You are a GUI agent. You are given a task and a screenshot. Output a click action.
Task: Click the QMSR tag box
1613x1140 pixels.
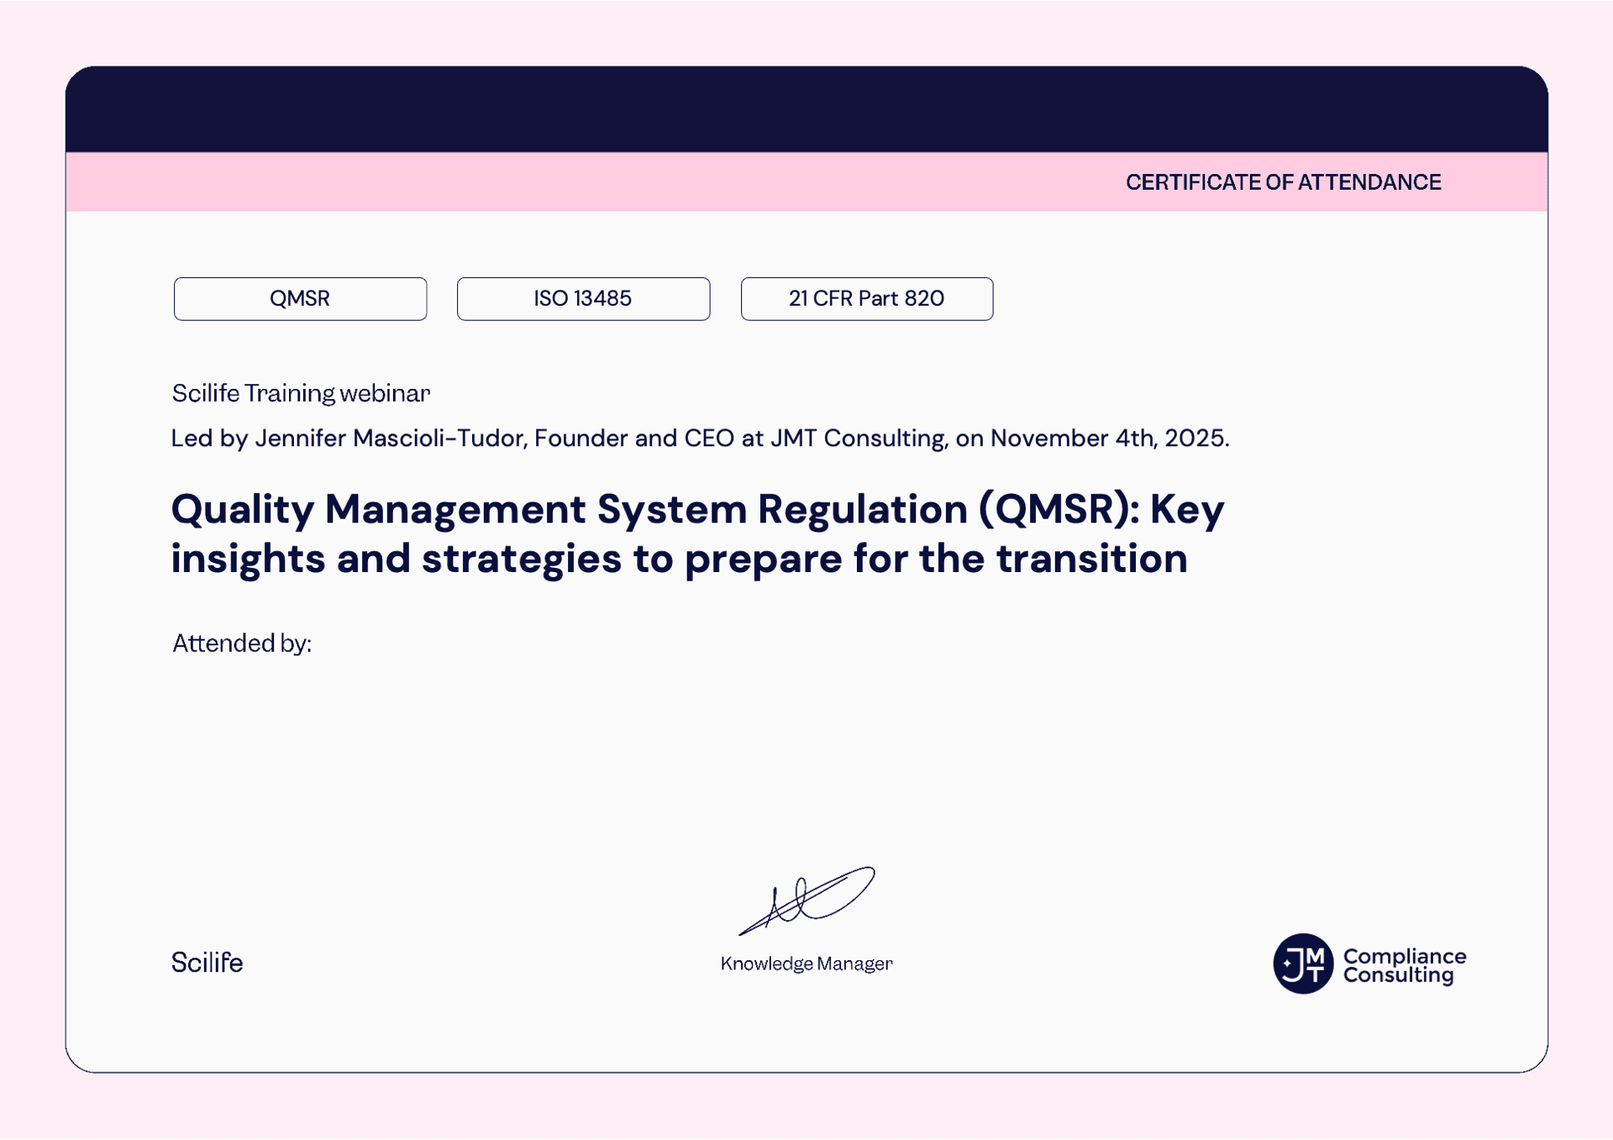pyautogui.click(x=300, y=298)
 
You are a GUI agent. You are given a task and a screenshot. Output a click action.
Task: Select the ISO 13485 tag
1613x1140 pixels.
pyautogui.click(x=583, y=298)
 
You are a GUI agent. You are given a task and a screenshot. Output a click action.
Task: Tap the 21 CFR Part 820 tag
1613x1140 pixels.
pyautogui.click(x=867, y=298)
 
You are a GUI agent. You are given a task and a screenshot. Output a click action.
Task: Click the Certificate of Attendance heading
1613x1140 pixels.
pyautogui.click(x=1283, y=182)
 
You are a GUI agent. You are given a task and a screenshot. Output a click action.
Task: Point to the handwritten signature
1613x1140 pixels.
pyautogui.click(x=806, y=901)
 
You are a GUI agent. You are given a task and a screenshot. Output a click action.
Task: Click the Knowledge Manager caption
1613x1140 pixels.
pyautogui.click(x=806, y=964)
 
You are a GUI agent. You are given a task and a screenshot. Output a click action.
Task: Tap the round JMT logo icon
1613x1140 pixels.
pyautogui.click(x=1303, y=964)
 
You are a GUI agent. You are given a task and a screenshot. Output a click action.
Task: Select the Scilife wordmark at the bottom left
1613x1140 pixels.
pyautogui.click(x=207, y=962)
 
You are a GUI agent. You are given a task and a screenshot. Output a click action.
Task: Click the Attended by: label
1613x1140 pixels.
pyautogui.click(x=242, y=644)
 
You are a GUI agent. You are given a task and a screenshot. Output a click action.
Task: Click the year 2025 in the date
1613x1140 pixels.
pyautogui.click(x=1196, y=438)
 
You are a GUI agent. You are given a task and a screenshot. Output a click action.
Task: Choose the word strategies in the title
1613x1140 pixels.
pyautogui.click(x=522, y=559)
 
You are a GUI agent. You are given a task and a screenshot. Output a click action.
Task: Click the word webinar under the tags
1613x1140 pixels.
pyautogui.click(x=385, y=393)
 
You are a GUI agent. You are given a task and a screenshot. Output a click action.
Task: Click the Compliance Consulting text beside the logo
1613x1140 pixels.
pyautogui.click(x=1405, y=965)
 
